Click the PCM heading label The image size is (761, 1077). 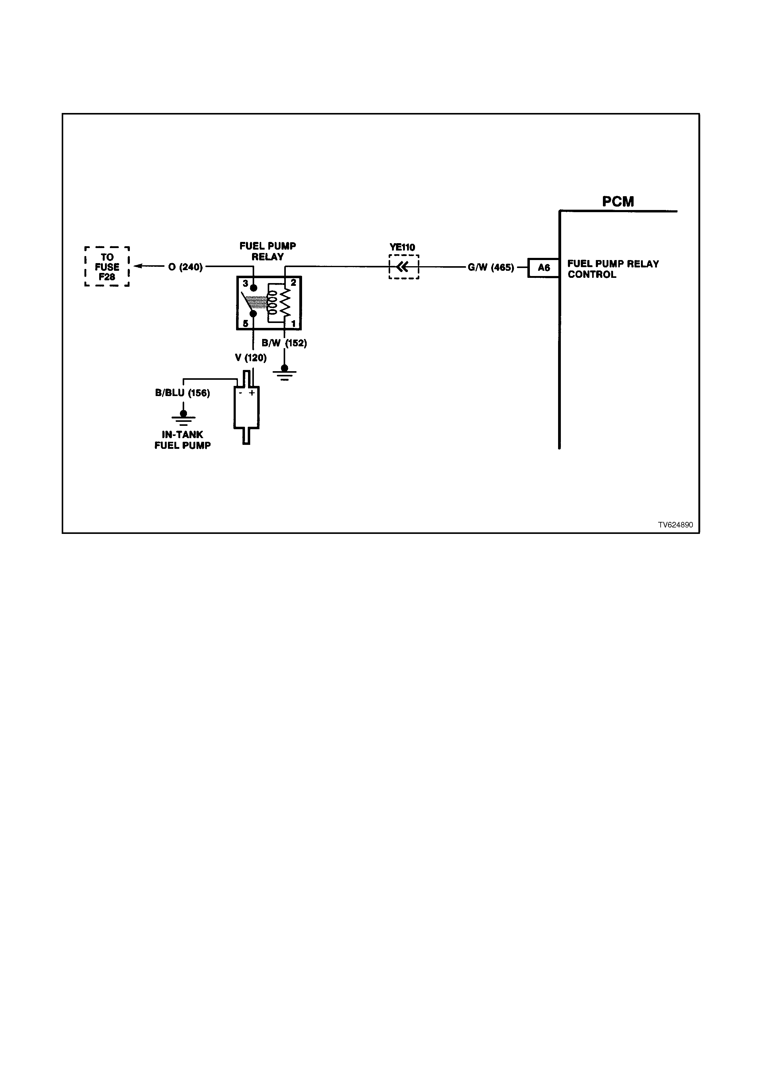[x=618, y=202]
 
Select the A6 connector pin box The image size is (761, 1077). [x=543, y=268]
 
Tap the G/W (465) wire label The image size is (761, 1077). [x=491, y=268]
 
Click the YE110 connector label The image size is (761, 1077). [x=402, y=247]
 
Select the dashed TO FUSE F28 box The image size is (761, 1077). [x=107, y=266]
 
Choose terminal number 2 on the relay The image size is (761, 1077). [x=293, y=282]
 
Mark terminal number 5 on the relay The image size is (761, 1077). [x=245, y=324]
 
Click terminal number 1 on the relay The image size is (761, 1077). [x=293, y=324]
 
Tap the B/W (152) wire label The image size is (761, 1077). [x=284, y=343]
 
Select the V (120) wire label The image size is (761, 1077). [x=251, y=358]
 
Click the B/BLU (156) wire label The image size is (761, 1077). [x=182, y=393]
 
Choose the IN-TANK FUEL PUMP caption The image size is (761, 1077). [x=182, y=440]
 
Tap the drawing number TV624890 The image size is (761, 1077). [x=675, y=525]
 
